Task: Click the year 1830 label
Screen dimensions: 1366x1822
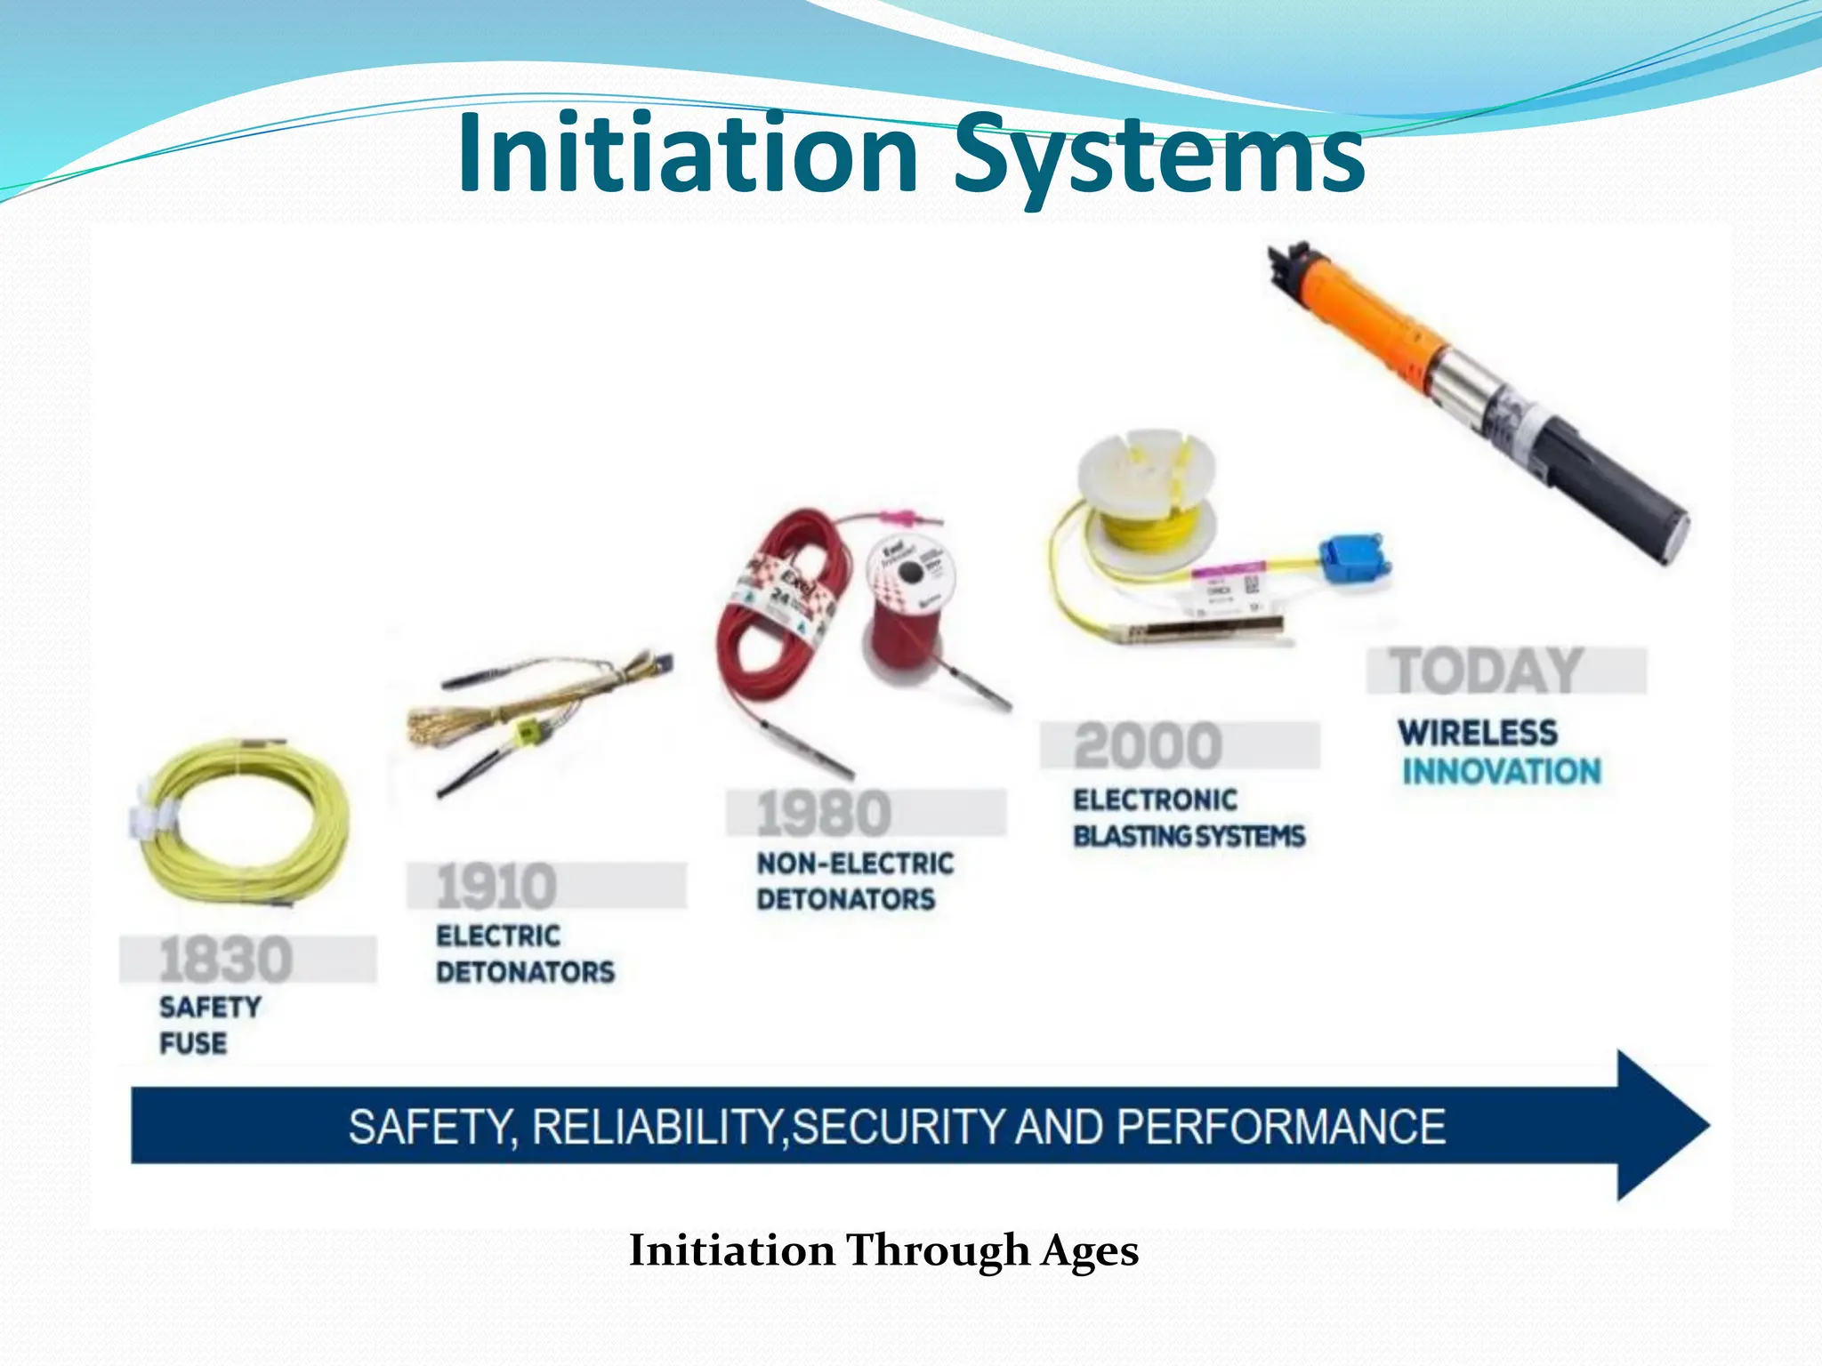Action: click(226, 959)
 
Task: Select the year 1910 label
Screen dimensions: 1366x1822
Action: click(496, 886)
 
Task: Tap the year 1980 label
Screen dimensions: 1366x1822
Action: click(823, 813)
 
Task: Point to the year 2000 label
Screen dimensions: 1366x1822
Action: click(1148, 745)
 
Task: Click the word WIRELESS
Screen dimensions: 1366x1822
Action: click(1478, 733)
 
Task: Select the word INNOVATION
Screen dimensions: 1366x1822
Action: click(1502, 771)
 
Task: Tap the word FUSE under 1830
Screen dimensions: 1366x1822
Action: click(193, 1042)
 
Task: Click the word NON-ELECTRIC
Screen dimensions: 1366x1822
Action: click(855, 863)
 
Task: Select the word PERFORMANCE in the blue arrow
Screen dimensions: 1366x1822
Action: click(1281, 1127)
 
